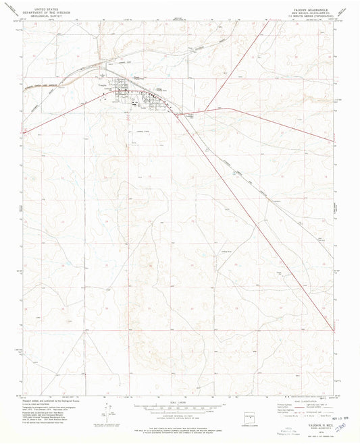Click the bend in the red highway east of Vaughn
[228, 107]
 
